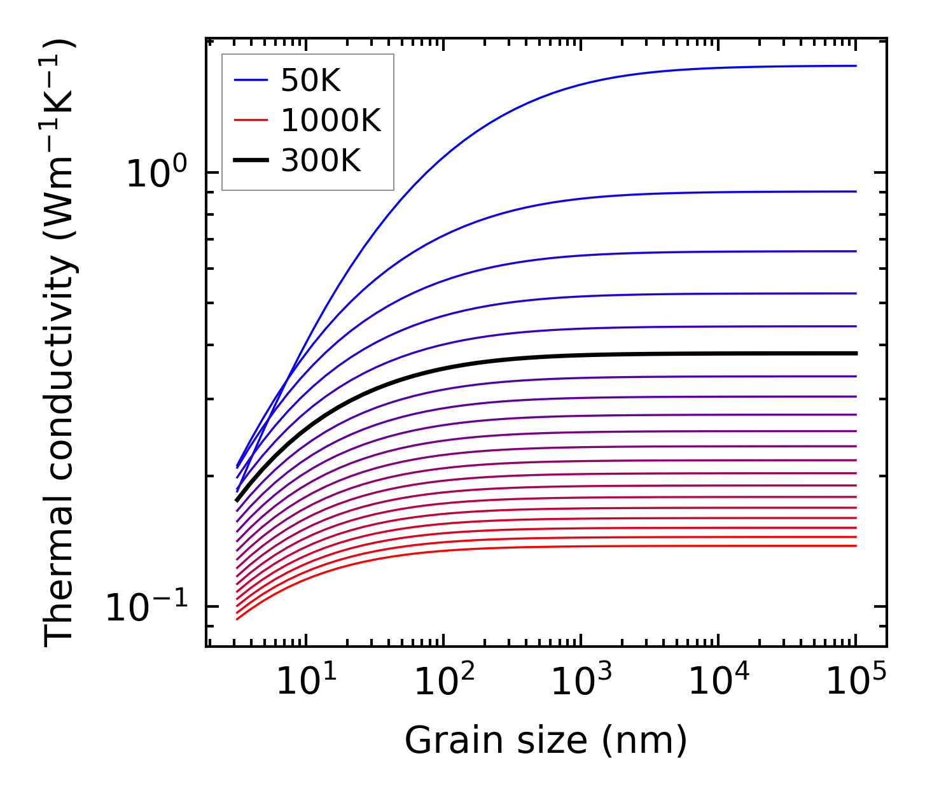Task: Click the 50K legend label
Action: [311, 81]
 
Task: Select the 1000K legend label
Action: [331, 121]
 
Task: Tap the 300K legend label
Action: [321, 162]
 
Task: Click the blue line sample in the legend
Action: [252, 80]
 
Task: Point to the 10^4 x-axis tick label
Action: [718, 682]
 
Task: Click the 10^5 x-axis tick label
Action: [855, 682]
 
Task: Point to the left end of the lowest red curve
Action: [237, 619]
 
